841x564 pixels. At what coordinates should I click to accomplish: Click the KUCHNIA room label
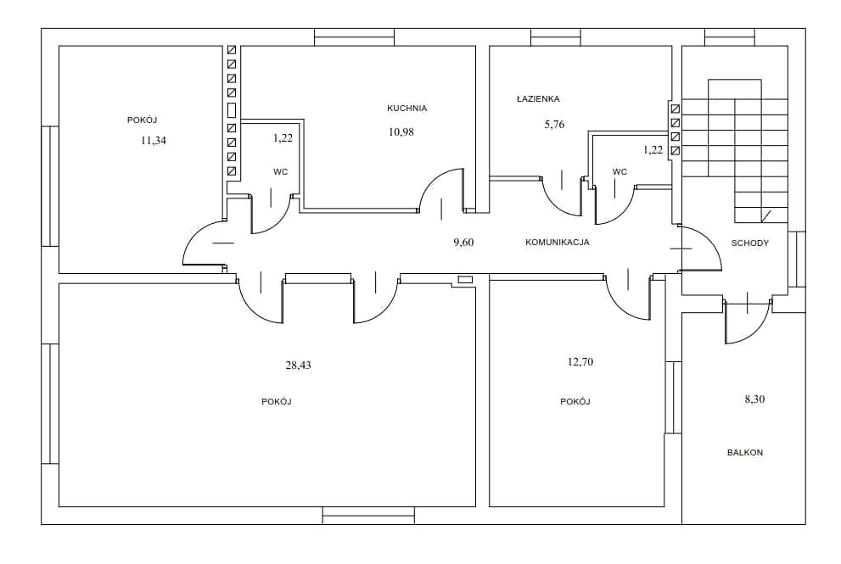click(407, 109)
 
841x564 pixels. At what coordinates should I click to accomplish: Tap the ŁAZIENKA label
click(538, 98)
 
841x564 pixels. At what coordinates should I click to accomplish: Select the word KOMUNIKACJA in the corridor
click(558, 243)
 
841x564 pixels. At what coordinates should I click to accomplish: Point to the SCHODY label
click(750, 243)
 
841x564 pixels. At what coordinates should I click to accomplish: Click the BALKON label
click(745, 453)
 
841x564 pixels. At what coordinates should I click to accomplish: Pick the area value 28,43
click(298, 366)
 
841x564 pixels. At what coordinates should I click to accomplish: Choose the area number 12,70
click(580, 362)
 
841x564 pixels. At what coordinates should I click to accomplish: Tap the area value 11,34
click(154, 141)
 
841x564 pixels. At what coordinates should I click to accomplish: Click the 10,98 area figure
click(401, 132)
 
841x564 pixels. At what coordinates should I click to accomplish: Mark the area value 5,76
click(555, 125)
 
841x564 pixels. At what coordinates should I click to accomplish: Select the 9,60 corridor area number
click(464, 243)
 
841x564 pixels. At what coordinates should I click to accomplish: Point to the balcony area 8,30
click(754, 399)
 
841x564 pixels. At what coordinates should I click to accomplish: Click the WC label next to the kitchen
click(281, 172)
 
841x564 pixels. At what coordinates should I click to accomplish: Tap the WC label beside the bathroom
click(620, 172)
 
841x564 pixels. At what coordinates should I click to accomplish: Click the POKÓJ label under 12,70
click(575, 401)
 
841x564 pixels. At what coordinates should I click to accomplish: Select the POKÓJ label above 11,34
click(142, 120)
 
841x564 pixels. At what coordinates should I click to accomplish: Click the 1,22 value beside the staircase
click(653, 150)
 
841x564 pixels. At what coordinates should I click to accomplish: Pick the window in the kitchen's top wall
click(354, 37)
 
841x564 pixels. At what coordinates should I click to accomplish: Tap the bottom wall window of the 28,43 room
click(368, 515)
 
